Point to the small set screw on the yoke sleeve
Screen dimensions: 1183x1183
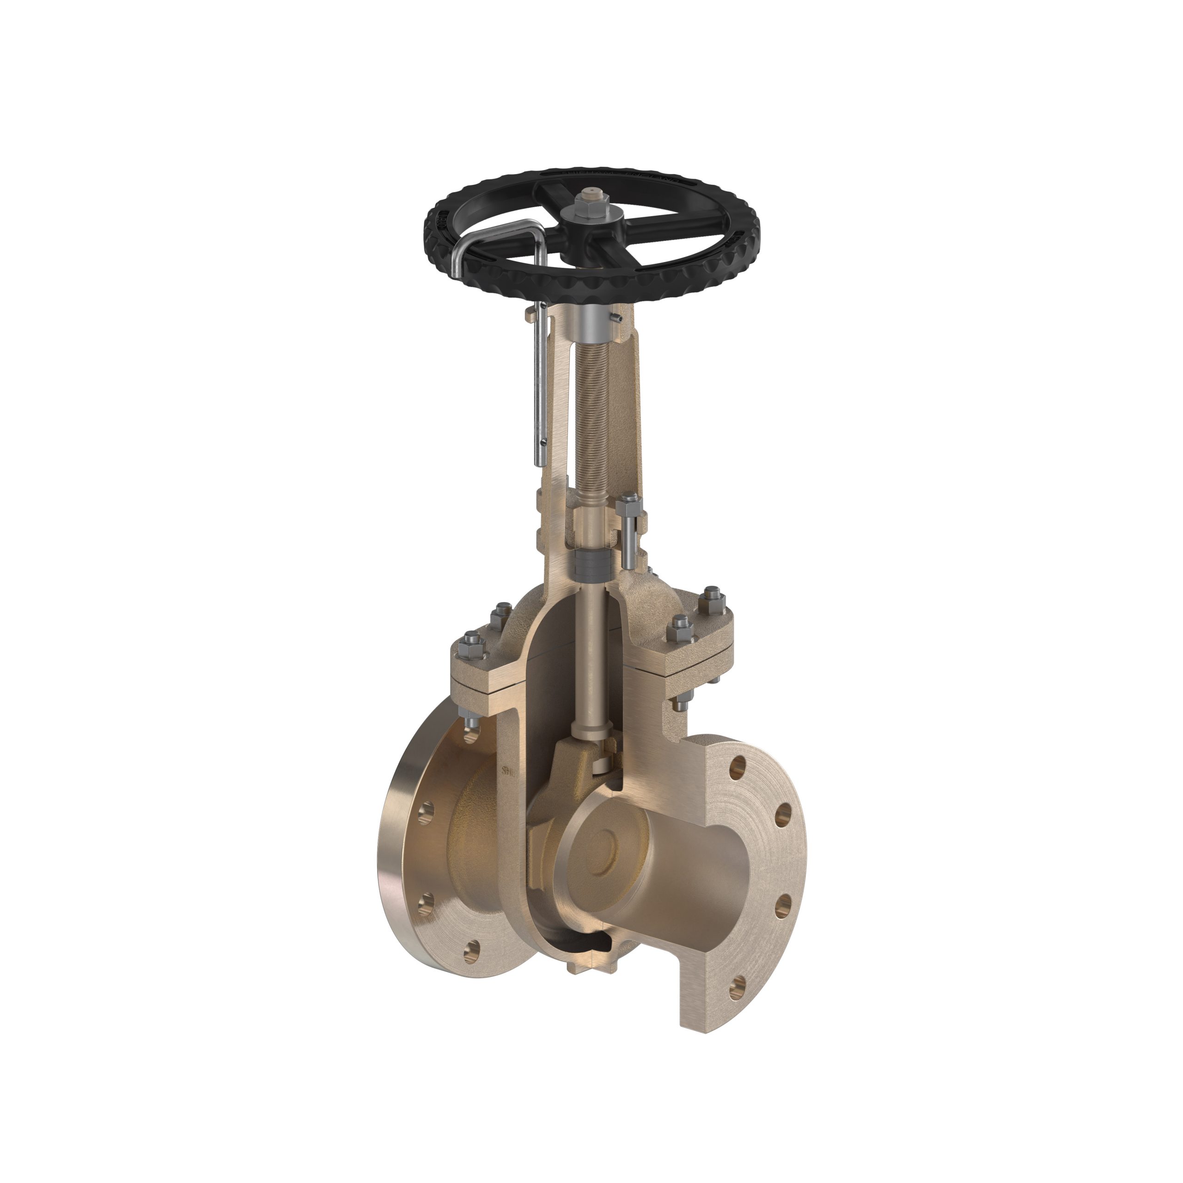click(x=619, y=318)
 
